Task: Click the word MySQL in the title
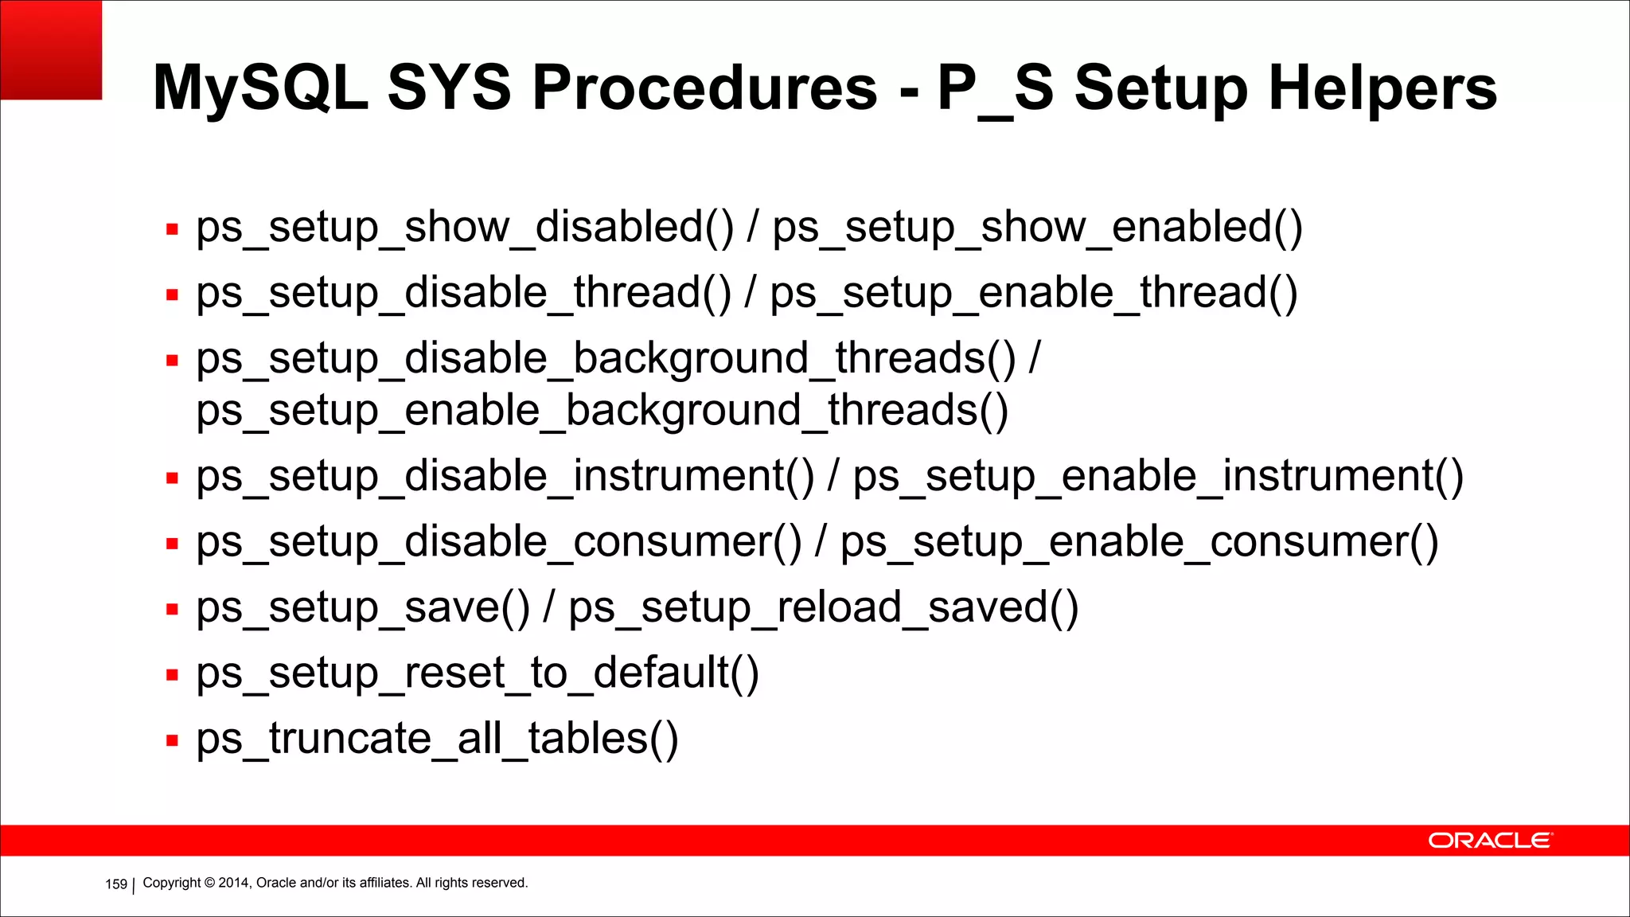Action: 259,88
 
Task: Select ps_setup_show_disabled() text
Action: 465,228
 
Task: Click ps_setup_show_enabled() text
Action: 1037,228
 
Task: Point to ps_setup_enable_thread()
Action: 1033,293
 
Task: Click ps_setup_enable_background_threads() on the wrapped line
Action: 602,412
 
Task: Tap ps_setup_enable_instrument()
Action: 1158,477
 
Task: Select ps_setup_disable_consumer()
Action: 499,543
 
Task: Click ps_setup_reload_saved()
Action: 823,608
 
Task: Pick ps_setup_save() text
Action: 363,608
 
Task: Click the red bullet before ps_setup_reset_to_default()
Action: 172,675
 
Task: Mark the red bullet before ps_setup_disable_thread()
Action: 172,295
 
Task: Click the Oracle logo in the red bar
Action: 1489,841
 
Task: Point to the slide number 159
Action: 116,884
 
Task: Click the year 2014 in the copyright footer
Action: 234,883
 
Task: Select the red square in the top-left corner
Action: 51,49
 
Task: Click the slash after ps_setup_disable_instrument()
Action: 833,477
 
